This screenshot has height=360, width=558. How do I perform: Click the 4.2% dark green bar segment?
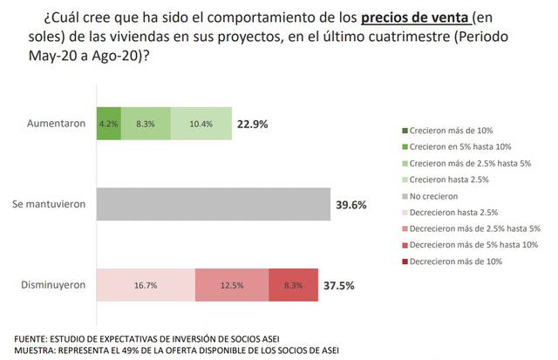click(109, 124)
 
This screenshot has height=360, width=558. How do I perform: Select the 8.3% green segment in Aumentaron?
click(146, 124)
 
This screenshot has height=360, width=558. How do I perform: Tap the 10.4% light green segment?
click(201, 124)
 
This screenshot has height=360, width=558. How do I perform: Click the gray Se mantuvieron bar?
click(213, 204)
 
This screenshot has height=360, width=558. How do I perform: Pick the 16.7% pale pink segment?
click(145, 285)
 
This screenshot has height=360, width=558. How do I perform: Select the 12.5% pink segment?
click(231, 285)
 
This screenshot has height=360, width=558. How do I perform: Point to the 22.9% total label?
click(253, 124)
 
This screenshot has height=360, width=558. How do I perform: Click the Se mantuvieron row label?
click(49, 204)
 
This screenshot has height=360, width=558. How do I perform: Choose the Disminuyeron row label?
click(53, 285)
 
